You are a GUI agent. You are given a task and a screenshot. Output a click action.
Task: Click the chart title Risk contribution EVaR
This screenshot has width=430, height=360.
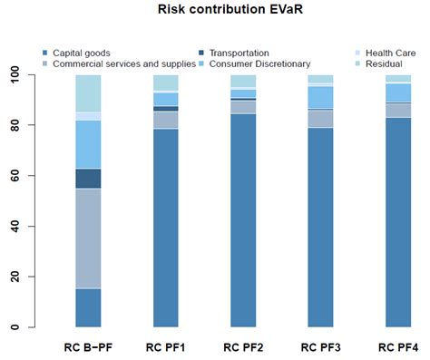(214, 15)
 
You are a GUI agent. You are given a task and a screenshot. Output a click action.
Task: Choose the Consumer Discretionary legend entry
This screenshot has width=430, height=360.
(259, 64)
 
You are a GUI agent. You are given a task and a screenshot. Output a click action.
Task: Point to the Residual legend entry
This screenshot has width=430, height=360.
(383, 64)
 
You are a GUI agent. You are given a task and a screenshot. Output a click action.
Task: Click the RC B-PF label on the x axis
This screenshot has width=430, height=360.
(88, 347)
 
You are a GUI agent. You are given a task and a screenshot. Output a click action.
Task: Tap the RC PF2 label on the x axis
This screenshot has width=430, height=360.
(243, 347)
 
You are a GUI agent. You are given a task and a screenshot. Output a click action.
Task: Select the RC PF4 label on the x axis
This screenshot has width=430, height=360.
(398, 347)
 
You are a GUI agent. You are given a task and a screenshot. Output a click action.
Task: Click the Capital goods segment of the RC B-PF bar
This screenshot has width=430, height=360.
(88, 307)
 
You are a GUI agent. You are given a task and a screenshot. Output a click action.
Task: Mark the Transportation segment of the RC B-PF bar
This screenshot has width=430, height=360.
(88, 179)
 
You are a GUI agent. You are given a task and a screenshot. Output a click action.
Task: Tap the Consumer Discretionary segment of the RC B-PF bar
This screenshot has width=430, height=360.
(88, 144)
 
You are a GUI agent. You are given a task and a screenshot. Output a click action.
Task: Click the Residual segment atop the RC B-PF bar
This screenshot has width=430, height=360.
(88, 93)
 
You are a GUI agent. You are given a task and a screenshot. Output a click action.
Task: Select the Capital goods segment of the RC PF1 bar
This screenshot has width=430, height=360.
(166, 228)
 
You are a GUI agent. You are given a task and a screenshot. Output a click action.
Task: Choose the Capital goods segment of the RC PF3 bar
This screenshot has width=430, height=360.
(321, 228)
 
